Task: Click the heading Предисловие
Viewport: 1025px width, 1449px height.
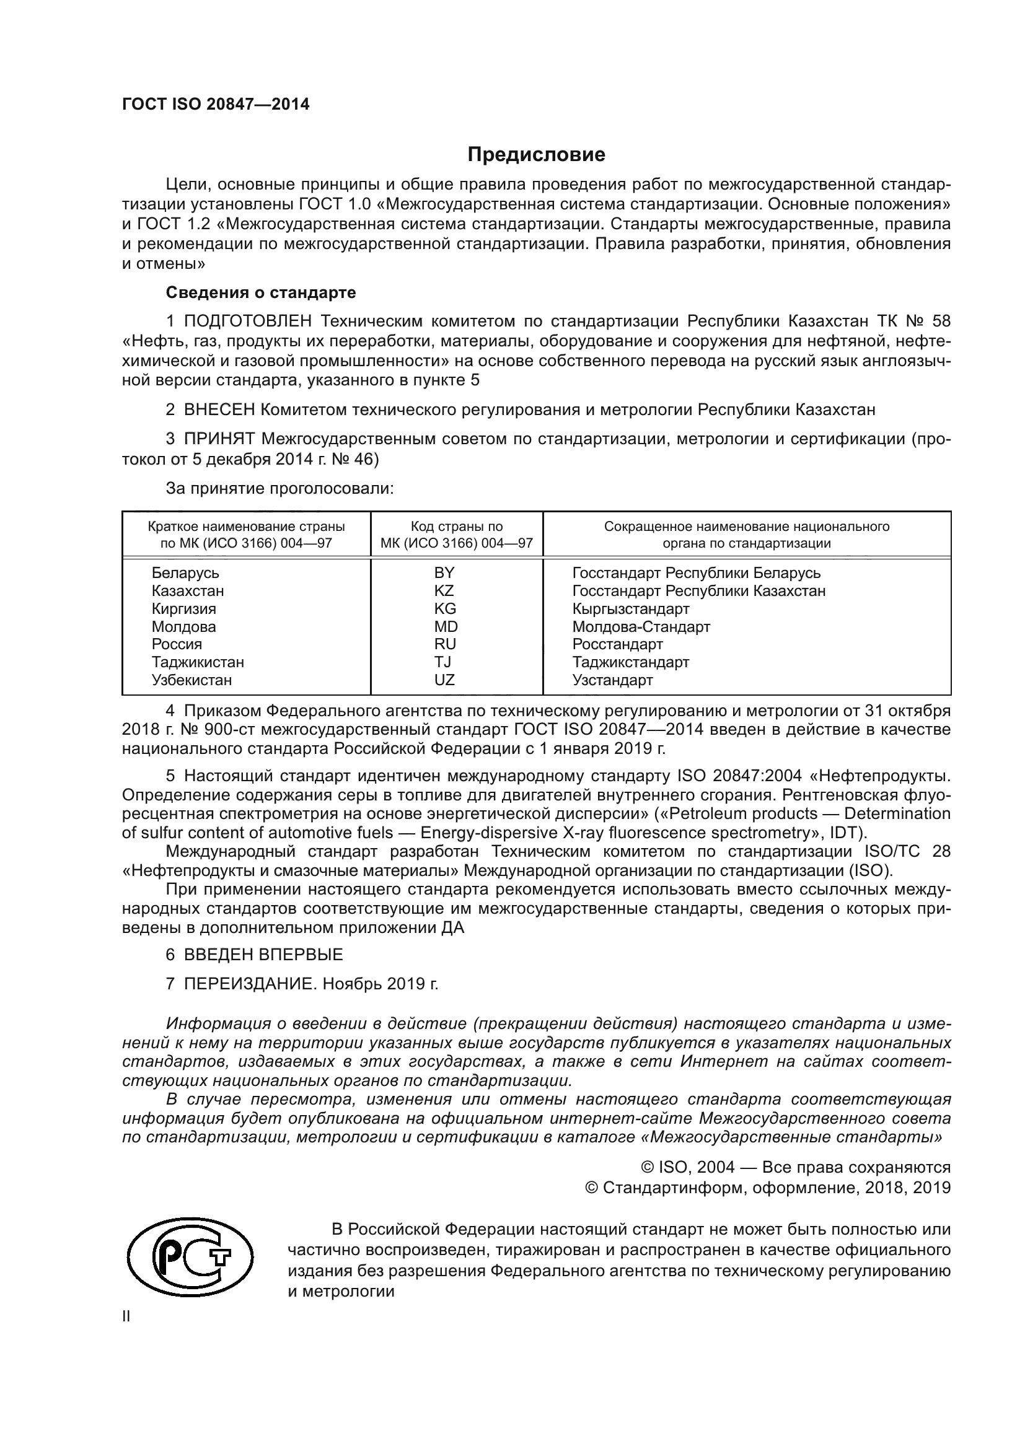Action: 536,155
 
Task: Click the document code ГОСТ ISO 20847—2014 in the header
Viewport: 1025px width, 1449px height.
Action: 216,105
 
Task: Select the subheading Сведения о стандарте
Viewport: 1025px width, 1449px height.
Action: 261,293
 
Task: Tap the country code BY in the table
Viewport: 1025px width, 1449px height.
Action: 444,573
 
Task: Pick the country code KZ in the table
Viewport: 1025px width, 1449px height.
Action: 444,591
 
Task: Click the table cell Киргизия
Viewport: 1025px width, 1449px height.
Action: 183,609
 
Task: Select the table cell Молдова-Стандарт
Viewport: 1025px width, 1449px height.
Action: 641,627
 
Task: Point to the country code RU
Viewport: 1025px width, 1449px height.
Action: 445,644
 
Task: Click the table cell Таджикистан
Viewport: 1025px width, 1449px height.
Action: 198,662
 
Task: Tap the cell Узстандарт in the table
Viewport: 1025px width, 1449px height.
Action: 612,680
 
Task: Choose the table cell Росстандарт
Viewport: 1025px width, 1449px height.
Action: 617,644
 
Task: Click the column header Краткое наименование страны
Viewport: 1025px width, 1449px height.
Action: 246,527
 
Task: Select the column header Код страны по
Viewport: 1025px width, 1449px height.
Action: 456,527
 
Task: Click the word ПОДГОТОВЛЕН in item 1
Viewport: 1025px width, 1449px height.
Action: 247,322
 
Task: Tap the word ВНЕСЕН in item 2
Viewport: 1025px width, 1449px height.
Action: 219,410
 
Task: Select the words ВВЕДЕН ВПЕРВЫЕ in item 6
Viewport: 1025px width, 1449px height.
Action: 263,955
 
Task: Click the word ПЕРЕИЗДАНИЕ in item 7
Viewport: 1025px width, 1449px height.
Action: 249,984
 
